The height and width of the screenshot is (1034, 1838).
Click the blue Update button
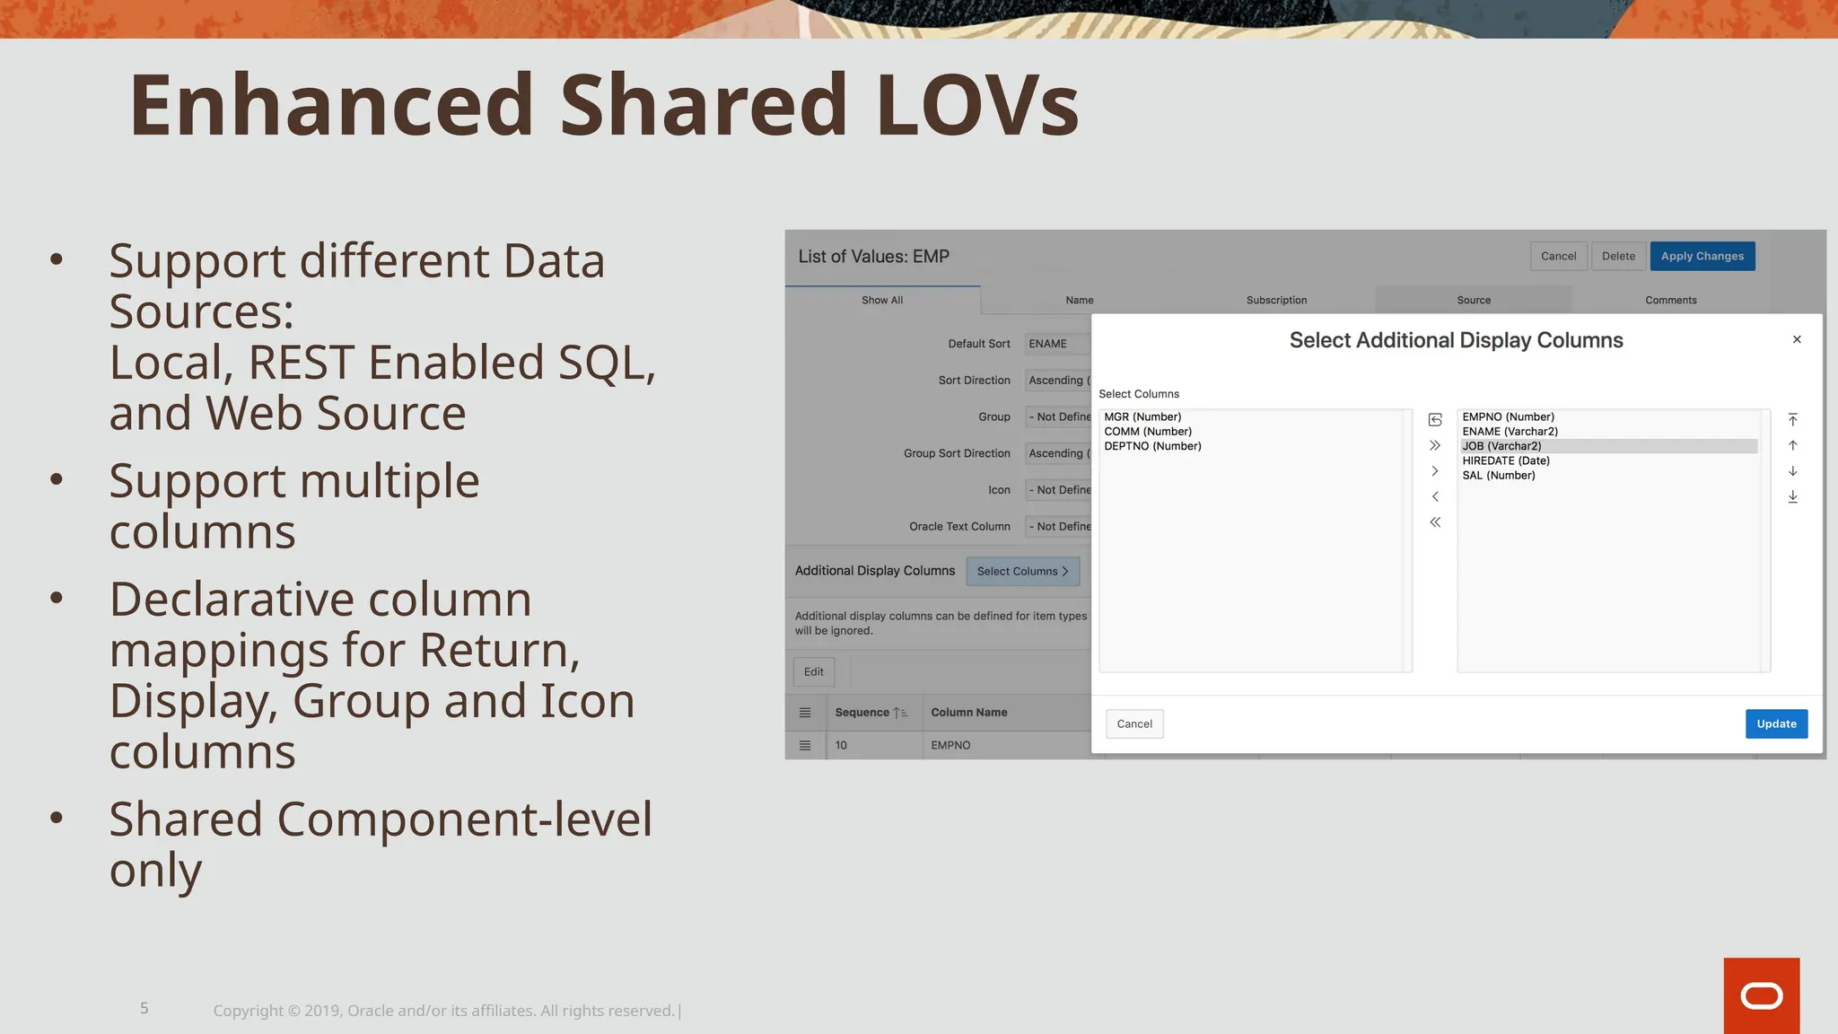point(1776,723)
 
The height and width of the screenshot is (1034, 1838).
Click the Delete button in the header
point(1618,256)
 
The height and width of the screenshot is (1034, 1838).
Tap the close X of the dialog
point(1797,339)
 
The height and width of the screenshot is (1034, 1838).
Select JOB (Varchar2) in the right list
point(1501,446)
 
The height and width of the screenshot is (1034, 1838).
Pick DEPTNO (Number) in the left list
point(1152,446)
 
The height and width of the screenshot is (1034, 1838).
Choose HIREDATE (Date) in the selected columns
point(1505,460)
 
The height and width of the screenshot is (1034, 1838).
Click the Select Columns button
point(1022,571)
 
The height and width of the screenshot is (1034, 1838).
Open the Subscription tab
point(1276,300)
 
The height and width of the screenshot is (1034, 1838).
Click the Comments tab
point(1670,300)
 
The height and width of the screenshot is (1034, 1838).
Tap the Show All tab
point(882,300)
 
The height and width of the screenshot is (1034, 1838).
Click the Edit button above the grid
point(813,671)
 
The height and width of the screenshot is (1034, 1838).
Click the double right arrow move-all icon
point(1435,445)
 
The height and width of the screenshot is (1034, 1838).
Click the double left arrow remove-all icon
point(1435,522)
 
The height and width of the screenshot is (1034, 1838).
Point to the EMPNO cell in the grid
point(950,745)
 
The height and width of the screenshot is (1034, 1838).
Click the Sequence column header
point(862,713)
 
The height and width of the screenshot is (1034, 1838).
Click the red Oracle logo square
point(1761,995)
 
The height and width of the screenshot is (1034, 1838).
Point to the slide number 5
point(144,1008)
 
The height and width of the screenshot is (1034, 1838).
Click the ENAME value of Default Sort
point(1048,344)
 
